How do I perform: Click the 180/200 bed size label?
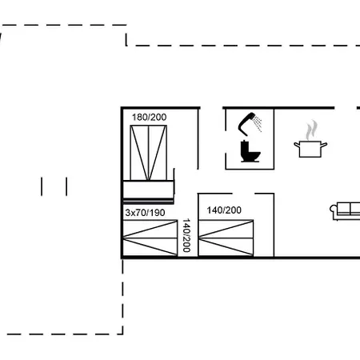(x=150, y=117)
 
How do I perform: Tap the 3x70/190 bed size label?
(x=145, y=213)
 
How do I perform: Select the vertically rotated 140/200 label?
(x=186, y=235)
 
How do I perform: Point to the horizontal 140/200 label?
(x=224, y=210)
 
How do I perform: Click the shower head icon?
(x=246, y=123)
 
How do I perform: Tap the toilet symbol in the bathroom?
(x=250, y=151)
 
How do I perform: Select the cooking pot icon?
(x=310, y=149)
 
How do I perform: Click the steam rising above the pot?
(x=312, y=130)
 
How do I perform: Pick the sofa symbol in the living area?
(x=345, y=211)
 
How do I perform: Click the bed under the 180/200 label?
(x=149, y=153)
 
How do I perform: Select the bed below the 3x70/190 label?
(x=150, y=238)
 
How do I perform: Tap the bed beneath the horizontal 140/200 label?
(x=226, y=238)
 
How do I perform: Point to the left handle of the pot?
(x=297, y=145)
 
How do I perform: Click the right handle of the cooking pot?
(x=324, y=146)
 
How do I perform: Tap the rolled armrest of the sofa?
(x=334, y=209)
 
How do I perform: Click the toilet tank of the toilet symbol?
(x=244, y=149)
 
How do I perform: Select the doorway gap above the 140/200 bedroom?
(x=243, y=194)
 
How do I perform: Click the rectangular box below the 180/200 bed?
(x=148, y=190)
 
